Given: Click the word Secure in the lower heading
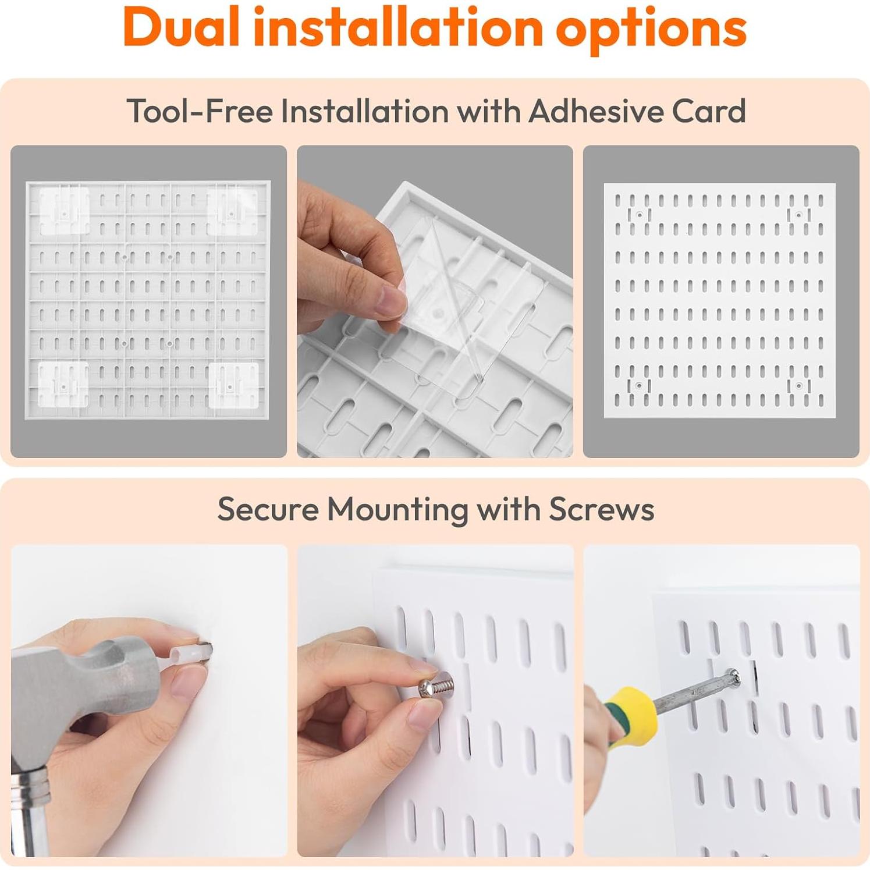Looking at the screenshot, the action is [268, 509].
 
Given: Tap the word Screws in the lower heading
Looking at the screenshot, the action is [602, 509].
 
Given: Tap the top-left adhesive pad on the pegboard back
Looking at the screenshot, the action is [64, 211].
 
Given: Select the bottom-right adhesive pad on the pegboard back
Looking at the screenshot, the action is [233, 385].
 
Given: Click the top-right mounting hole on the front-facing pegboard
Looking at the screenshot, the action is [799, 215].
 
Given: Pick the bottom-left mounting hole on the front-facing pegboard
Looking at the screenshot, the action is [639, 385].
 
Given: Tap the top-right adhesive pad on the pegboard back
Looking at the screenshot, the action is [232, 211].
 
